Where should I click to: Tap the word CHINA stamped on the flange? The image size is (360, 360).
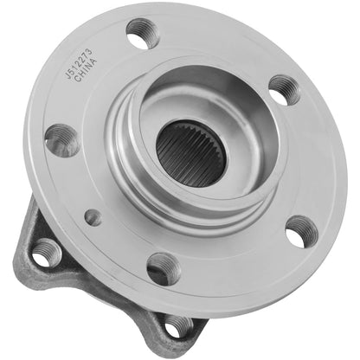(83, 67)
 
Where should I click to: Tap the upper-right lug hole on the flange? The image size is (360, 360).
(283, 89)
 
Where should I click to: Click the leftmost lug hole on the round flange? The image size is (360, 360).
(61, 139)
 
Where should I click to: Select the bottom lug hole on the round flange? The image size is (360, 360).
(163, 267)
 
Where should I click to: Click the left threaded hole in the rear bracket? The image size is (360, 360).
(46, 253)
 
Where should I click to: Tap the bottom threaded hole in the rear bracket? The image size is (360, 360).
(177, 327)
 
